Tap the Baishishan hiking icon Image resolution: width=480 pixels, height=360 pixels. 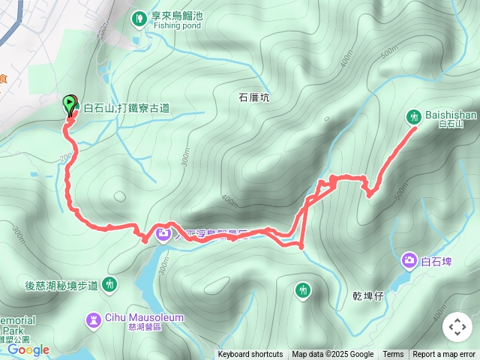pos(413,116)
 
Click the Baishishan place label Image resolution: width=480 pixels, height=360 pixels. pos(450,115)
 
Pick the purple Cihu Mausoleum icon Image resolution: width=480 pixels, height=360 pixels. pos(93,321)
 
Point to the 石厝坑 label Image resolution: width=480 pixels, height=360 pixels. pos(253,97)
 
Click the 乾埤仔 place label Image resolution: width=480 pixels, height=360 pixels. pos(368,295)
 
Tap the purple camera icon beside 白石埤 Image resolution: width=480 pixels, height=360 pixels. pos(409,261)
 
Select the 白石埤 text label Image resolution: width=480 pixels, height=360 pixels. pos(438,262)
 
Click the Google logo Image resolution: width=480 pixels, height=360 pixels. pos(28,349)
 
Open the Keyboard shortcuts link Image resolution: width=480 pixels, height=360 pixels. pos(250,355)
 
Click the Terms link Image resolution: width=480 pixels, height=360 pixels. pos(393,355)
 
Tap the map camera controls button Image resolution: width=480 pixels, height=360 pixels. pos(457,327)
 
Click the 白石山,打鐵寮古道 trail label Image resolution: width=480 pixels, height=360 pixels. pos(126,108)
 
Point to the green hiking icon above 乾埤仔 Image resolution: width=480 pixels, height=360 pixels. pos(303,289)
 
